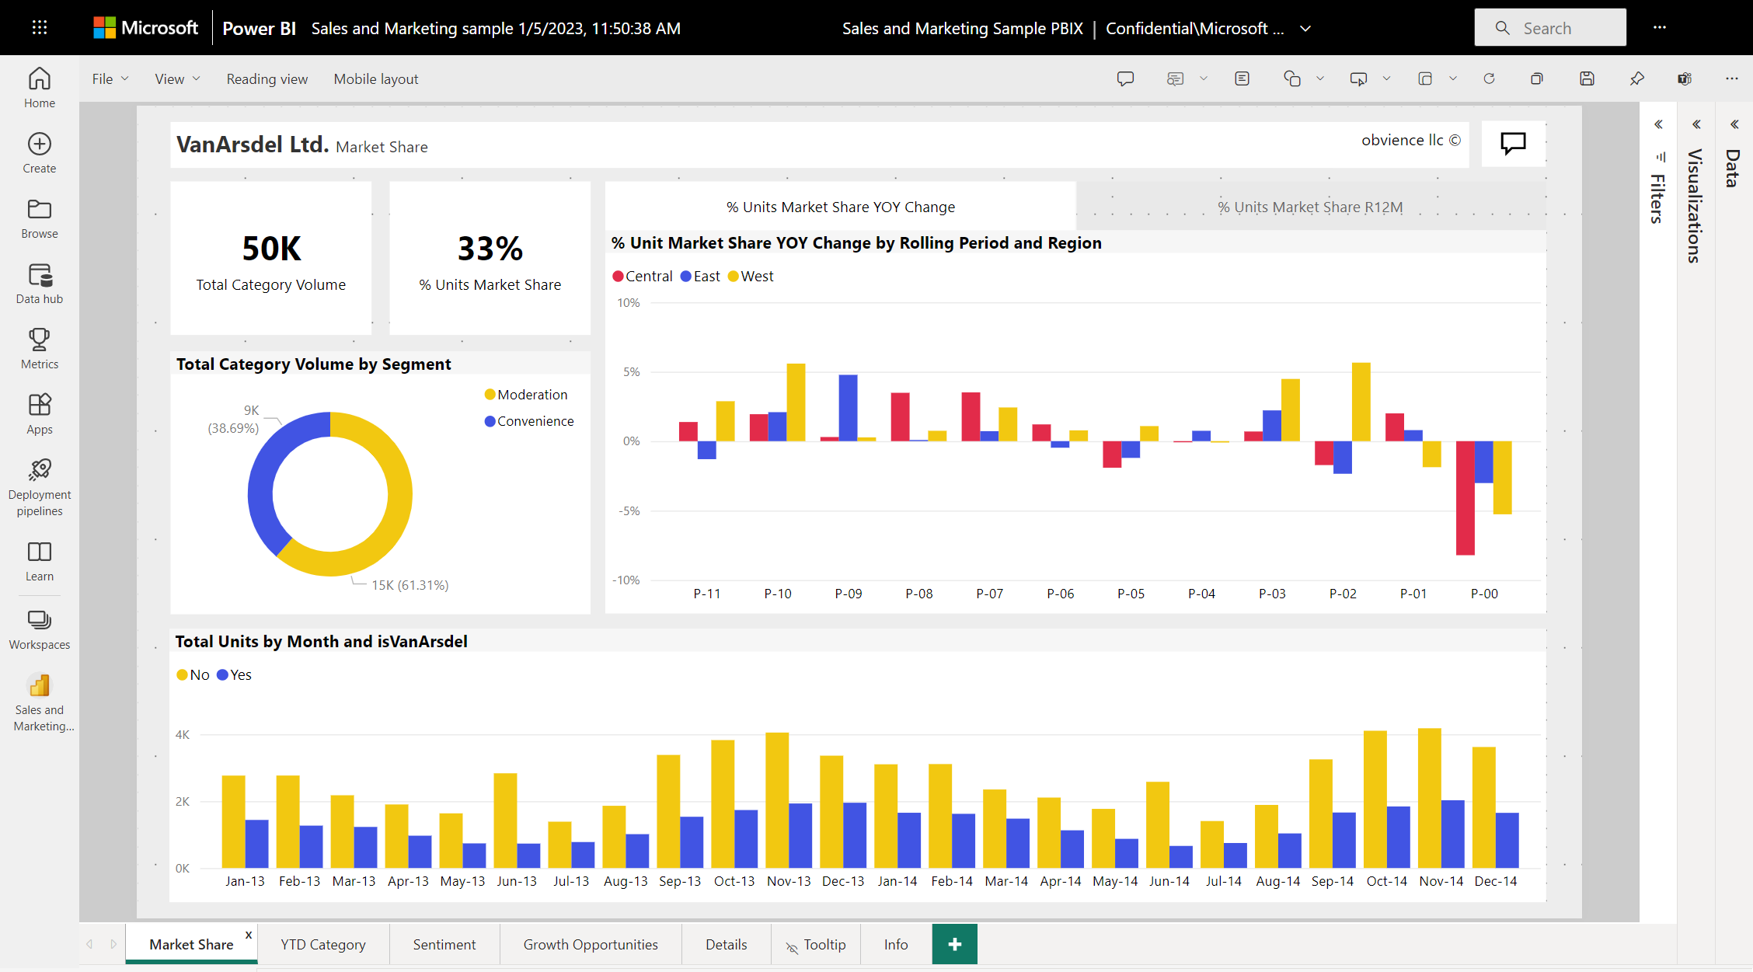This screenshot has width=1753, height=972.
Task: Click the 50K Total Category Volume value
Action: [x=271, y=249]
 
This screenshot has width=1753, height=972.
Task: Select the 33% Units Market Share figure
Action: [x=490, y=249]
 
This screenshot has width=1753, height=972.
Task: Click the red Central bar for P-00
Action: [x=1465, y=498]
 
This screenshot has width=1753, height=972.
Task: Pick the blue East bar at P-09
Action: [x=848, y=408]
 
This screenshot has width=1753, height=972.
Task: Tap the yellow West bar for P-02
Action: [x=1361, y=402]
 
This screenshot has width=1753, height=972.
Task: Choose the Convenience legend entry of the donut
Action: [x=529, y=421]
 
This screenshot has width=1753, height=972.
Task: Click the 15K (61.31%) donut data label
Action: [x=409, y=585]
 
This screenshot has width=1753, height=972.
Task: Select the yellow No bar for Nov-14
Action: [x=1429, y=798]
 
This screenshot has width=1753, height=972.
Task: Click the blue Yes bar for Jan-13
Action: [x=256, y=844]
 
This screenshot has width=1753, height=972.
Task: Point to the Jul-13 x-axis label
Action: [x=571, y=881]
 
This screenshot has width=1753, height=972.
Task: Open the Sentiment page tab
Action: [x=444, y=944]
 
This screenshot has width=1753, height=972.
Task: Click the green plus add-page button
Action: [x=955, y=944]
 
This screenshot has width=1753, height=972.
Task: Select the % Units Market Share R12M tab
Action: [x=1310, y=207]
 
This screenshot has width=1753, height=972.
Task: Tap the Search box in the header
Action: [x=1550, y=28]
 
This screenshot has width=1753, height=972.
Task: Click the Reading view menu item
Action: [x=267, y=78]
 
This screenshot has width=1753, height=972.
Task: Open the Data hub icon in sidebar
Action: [x=40, y=284]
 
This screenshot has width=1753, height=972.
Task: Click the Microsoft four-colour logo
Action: [x=104, y=28]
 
